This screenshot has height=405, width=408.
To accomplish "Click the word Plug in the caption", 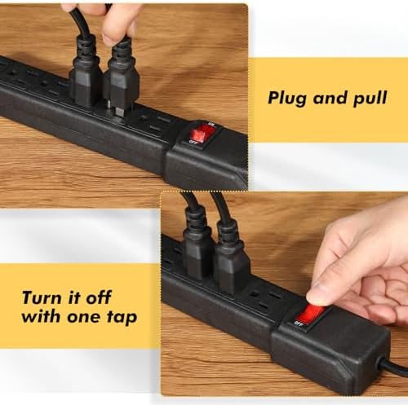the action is point(288,98).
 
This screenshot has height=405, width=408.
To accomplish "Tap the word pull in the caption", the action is point(370,98).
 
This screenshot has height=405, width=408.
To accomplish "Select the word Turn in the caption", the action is point(42,297).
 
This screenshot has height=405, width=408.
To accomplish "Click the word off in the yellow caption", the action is point(99,297).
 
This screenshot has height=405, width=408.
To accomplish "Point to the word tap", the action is point(122,318).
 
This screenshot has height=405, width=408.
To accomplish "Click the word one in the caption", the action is point(84,317).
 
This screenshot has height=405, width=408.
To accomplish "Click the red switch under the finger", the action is point(311,315).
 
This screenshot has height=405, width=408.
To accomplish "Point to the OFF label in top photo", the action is point(193,143).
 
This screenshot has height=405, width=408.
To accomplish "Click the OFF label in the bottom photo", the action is point(299,324).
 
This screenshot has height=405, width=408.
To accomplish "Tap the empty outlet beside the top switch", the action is point(153,123).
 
